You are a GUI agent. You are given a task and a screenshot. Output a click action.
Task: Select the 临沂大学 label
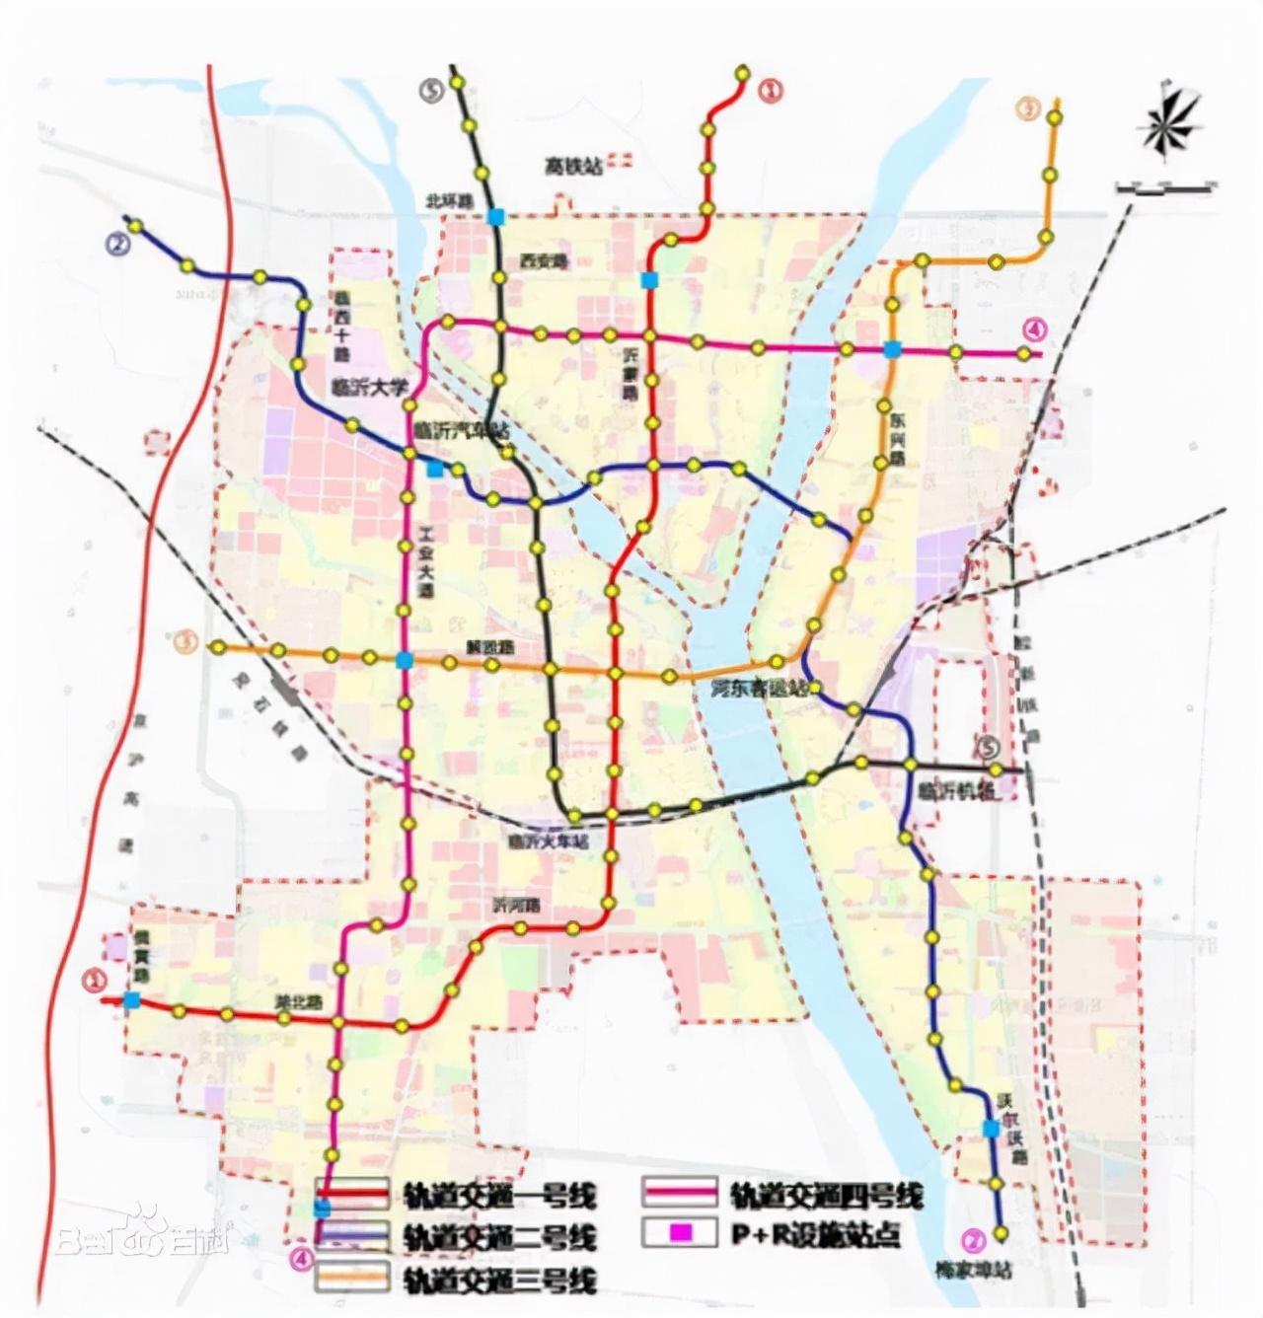pos(369,389)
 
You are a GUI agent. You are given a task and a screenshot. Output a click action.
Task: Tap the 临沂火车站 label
pos(548,842)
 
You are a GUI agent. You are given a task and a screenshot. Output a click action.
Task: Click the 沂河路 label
pos(518,905)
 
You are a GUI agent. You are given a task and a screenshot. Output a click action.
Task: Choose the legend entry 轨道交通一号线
pos(498,1197)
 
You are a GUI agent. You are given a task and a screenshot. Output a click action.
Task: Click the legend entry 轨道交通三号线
pos(498,1280)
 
